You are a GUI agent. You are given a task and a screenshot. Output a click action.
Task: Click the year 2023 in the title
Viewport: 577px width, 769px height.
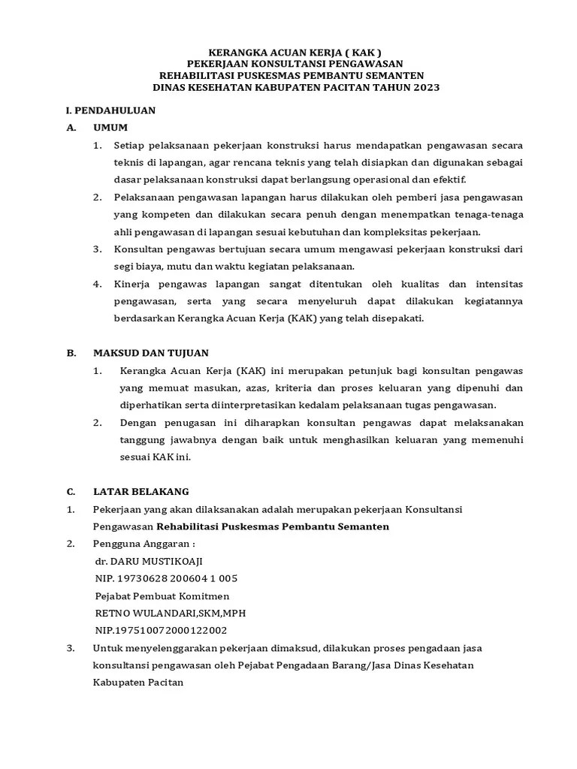click(x=425, y=87)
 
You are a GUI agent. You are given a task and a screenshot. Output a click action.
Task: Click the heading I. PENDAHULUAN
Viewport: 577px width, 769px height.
click(x=110, y=110)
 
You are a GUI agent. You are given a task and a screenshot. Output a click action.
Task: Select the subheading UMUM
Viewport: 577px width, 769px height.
click(x=110, y=127)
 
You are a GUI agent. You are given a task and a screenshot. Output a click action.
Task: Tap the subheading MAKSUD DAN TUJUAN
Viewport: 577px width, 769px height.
click(x=151, y=352)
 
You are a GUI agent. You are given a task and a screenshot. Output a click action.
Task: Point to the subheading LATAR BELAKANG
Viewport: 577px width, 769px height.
click(x=141, y=492)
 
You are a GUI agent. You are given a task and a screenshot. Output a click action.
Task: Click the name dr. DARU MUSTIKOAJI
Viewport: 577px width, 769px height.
click(x=149, y=561)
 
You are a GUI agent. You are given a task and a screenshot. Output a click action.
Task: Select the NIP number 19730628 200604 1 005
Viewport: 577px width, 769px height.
click(x=166, y=578)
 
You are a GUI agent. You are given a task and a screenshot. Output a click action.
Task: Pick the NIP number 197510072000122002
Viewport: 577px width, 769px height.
click(x=161, y=630)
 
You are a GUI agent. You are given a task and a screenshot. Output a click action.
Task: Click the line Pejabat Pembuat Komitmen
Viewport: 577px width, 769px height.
click(x=162, y=596)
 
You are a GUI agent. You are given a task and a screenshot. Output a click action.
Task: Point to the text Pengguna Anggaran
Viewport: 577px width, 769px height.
click(x=141, y=544)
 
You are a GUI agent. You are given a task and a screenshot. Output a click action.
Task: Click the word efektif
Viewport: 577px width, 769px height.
click(x=447, y=179)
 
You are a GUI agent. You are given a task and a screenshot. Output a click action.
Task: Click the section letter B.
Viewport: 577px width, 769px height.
click(x=71, y=352)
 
